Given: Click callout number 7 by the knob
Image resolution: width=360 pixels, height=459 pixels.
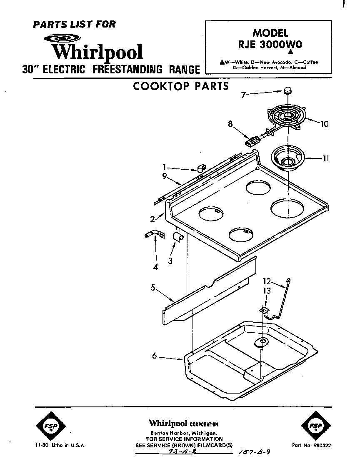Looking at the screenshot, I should pos(243,95).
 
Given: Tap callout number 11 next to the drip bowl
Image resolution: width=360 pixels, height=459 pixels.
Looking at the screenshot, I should pos(326,158).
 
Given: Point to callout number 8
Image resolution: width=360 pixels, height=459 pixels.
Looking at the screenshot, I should pos(230,123).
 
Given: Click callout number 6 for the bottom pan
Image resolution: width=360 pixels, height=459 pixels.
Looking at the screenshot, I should pos(155,356).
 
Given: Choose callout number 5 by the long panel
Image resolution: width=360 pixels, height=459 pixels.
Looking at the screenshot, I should pos(153,287).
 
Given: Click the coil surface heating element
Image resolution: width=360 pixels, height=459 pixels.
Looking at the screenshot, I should pos(287,117).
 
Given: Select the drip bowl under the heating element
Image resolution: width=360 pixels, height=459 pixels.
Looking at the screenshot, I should pos(287,158).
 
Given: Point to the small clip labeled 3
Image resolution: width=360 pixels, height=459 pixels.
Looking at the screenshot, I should pos(178,237).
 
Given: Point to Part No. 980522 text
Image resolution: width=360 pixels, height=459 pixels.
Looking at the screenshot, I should pos(312,445).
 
